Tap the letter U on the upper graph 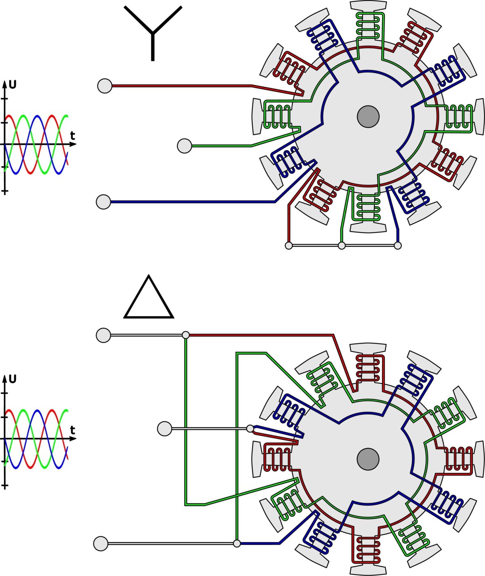13,85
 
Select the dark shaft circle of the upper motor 368,116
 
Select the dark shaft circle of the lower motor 368,459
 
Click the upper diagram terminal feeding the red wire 105,86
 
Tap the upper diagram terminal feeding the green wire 185,146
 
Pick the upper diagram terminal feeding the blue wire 103,202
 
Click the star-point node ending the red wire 289,245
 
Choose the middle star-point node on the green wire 342,245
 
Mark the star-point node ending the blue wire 398,245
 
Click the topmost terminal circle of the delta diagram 103,335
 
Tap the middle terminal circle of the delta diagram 164,429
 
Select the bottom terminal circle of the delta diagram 101,544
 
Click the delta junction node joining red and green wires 186,335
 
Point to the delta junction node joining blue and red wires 250,428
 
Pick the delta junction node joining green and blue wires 237,544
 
